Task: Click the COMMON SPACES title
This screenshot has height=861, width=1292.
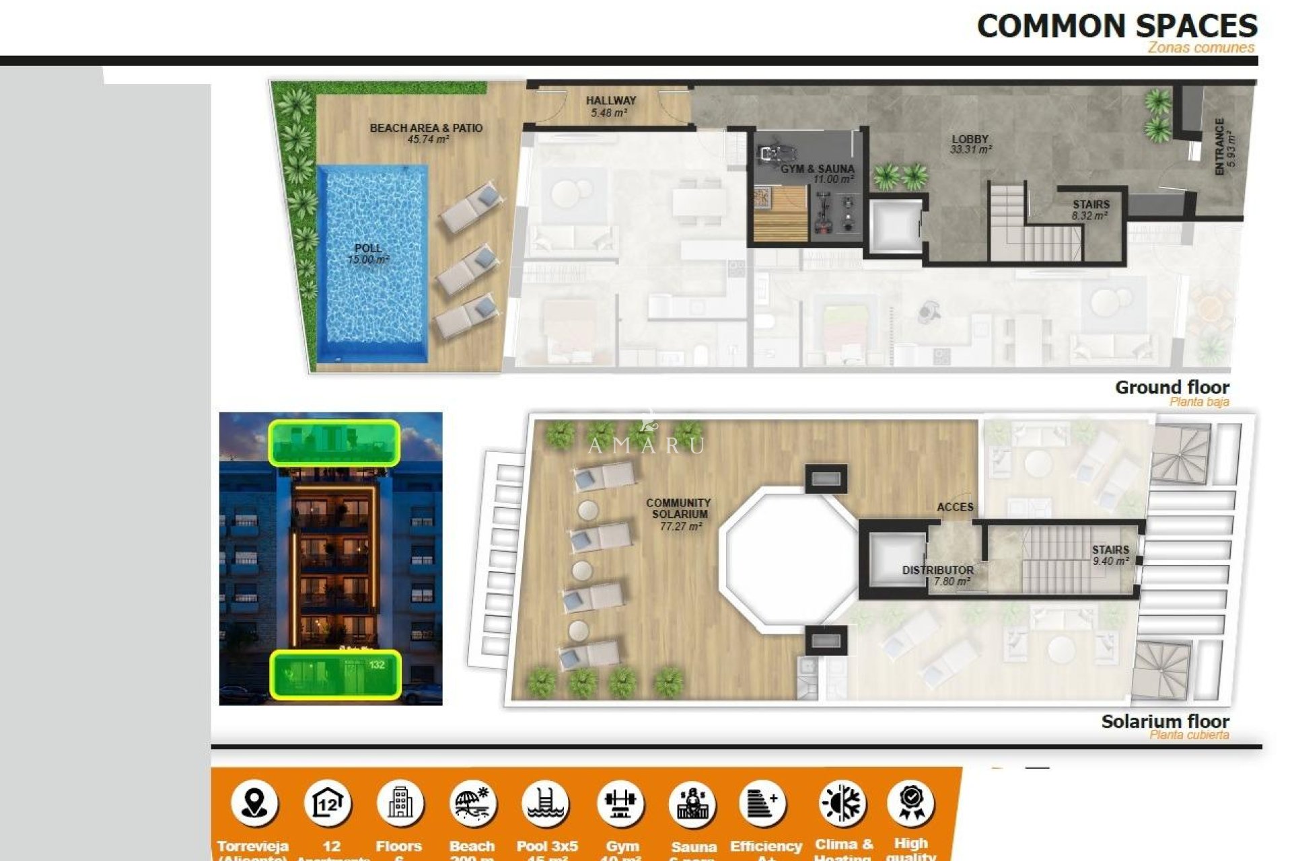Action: point(1116,27)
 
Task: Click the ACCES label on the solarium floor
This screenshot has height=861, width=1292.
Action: point(955,507)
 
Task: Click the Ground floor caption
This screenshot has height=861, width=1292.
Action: point(1172,387)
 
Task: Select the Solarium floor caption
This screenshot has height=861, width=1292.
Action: point(1165,722)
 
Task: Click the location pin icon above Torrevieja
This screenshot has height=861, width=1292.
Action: point(254,802)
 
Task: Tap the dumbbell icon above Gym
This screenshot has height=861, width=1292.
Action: point(620,803)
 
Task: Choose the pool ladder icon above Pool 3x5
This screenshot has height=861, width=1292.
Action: point(546,803)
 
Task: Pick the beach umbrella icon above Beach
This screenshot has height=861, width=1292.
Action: point(472,803)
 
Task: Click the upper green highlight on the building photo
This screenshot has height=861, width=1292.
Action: point(334,443)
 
